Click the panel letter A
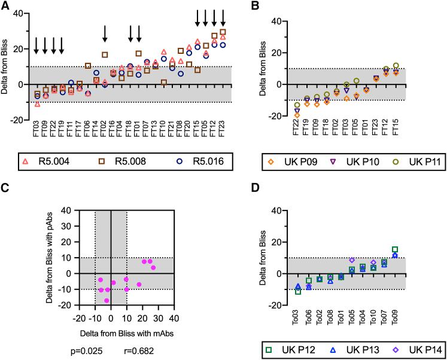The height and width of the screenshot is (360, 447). pyautogui.click(x=4, y=6)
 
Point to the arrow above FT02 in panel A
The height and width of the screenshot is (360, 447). pyautogui.click(x=105, y=33)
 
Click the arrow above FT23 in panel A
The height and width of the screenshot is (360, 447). pyautogui.click(x=223, y=18)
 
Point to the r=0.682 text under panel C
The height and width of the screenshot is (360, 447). pyautogui.click(x=139, y=347)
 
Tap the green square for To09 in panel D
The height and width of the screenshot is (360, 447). pyautogui.click(x=395, y=249)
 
